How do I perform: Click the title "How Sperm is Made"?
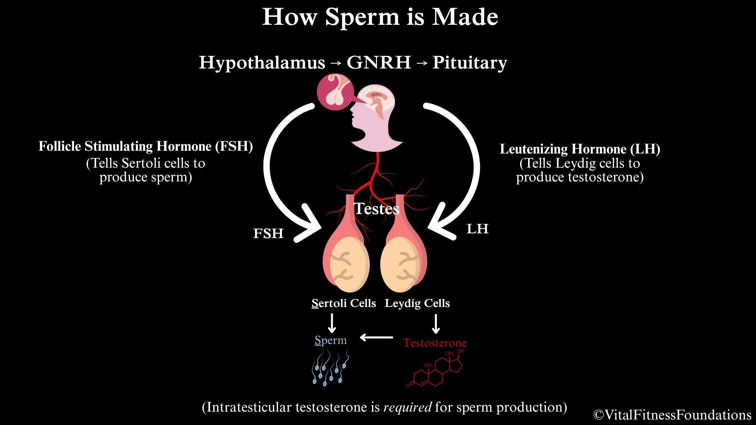(x=380, y=17)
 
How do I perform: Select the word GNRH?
(x=379, y=63)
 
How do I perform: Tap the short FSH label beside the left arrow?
(x=268, y=233)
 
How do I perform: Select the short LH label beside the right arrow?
(x=477, y=229)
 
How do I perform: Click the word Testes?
(x=376, y=209)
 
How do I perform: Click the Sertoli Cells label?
(x=343, y=303)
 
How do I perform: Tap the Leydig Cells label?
(x=417, y=303)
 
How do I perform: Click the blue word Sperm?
(x=331, y=340)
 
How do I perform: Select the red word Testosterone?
(x=435, y=343)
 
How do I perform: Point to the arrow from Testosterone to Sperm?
(x=376, y=337)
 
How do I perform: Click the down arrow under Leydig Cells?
(x=435, y=324)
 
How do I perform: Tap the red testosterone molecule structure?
(x=435, y=370)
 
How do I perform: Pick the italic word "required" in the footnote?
(x=407, y=407)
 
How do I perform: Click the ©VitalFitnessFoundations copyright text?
(x=672, y=415)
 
